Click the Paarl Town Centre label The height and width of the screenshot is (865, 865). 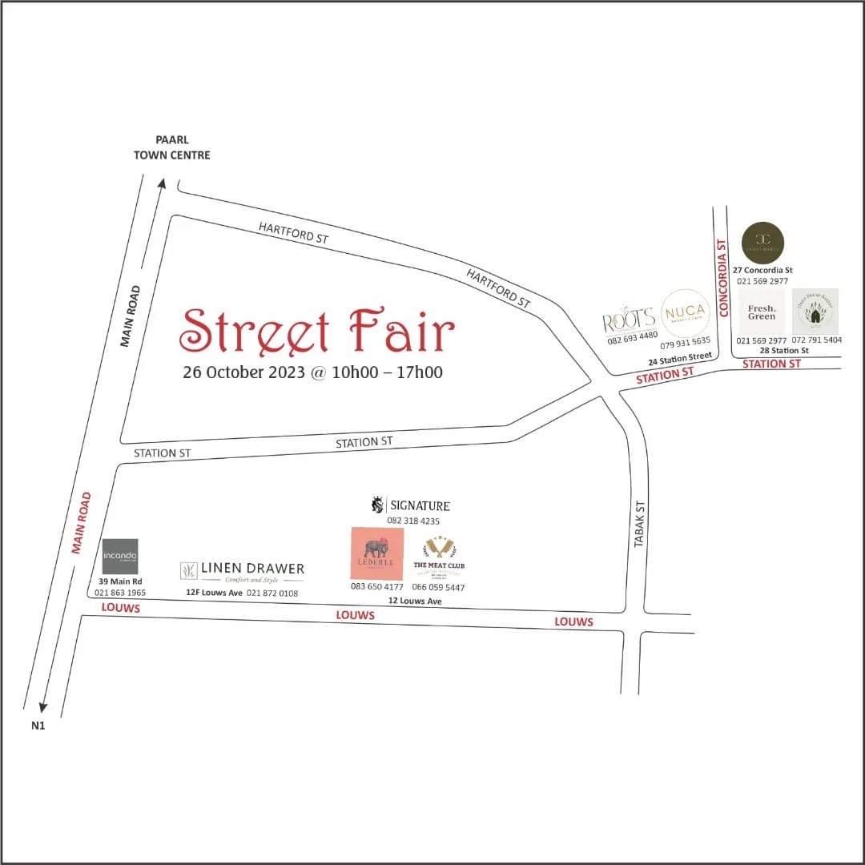pos(171,147)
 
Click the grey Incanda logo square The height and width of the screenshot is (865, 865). pos(120,557)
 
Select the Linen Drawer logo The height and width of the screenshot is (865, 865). pos(242,570)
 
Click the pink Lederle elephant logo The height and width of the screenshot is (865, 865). pos(376,553)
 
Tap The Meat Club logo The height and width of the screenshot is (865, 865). pos(439,556)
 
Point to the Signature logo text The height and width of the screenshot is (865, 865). pos(410,505)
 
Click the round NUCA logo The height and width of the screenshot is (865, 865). pos(685,312)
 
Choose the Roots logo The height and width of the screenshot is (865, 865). pos(630,320)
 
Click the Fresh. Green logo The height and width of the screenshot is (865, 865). pos(762,312)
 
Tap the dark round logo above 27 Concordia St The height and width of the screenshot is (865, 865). pos(762,243)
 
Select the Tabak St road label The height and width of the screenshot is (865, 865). pos(639,525)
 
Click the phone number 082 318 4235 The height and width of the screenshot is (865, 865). pos(413,521)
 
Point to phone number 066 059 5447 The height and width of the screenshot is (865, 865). pos(438,587)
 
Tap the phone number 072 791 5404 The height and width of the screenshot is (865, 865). pos(817,340)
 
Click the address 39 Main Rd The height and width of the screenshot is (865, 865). pos(120,581)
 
